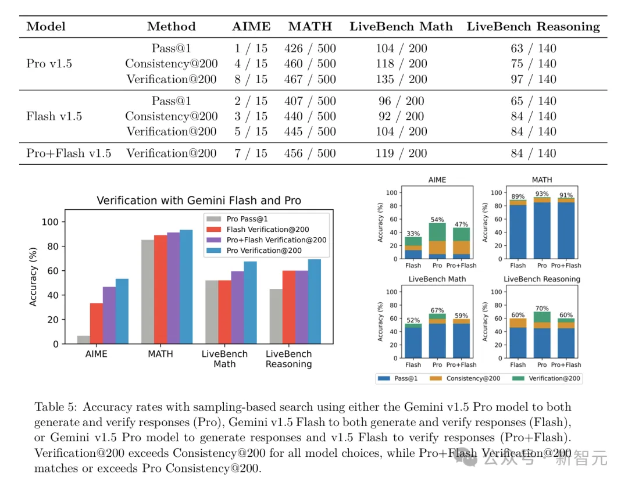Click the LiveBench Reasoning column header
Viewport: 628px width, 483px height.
[x=533, y=27]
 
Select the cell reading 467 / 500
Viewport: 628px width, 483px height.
[x=310, y=80]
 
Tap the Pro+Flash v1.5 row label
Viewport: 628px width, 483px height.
[x=69, y=153]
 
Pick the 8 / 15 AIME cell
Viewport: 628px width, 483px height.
[x=251, y=80]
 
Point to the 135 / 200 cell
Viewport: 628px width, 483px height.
[x=401, y=80]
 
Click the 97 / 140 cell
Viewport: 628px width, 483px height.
[x=533, y=80]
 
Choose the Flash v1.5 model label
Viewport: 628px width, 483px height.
[x=54, y=116]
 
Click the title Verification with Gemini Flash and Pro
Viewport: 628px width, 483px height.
[x=198, y=201]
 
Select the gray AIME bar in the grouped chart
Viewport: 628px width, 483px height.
[x=83, y=339]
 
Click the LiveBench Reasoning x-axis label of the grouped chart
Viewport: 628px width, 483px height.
[x=288, y=359]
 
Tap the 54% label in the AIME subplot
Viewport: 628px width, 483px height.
[x=437, y=220]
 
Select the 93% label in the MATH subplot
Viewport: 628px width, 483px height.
[x=542, y=195]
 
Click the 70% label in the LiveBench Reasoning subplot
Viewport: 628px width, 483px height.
[x=542, y=308]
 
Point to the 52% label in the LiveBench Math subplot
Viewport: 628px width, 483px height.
[x=413, y=320]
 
